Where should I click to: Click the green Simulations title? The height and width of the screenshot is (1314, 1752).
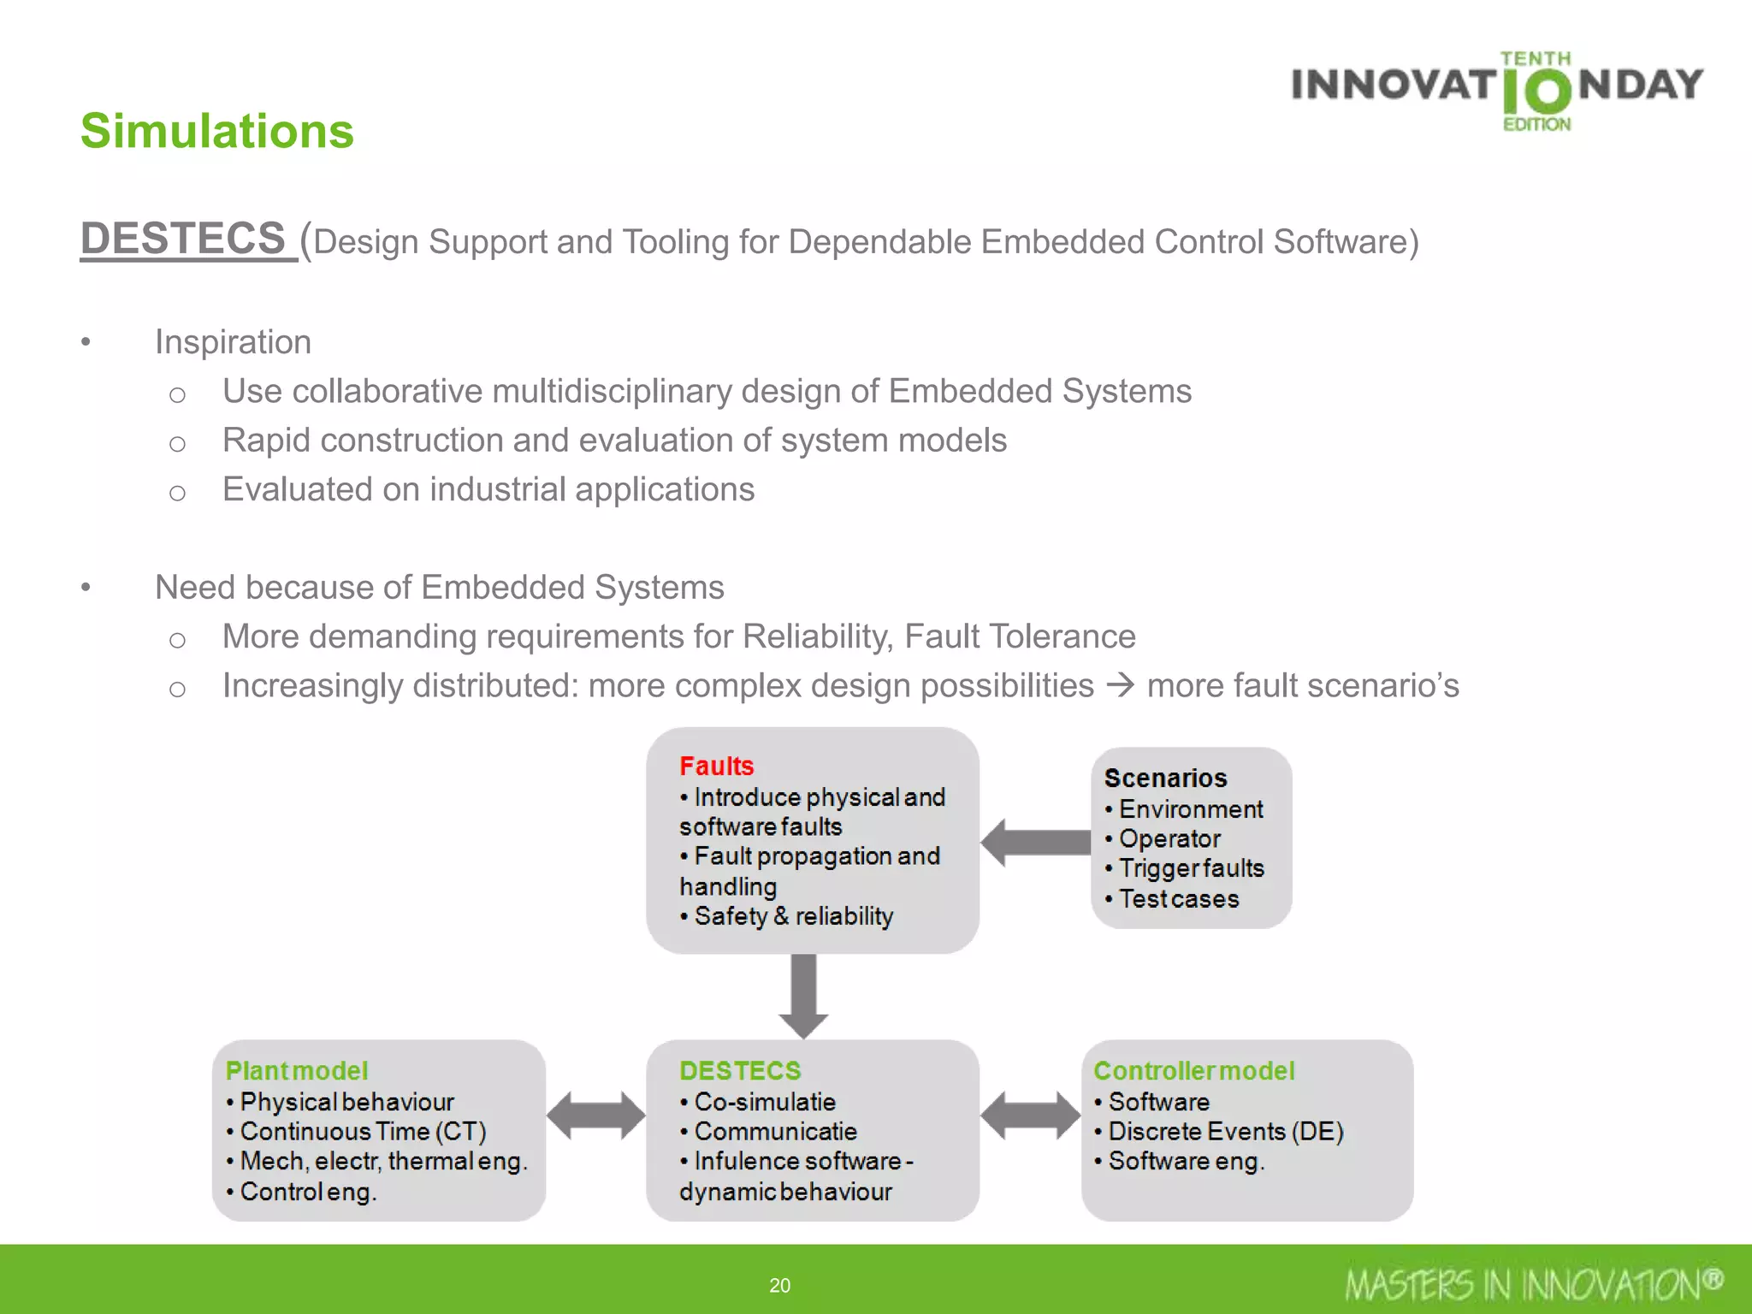[x=216, y=131]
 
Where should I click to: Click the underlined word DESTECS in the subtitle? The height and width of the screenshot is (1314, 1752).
[x=183, y=238]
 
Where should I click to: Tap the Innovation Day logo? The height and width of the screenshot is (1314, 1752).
[x=1497, y=89]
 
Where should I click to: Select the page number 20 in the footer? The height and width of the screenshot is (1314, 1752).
[x=779, y=1285]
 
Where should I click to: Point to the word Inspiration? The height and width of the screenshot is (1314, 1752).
[x=233, y=342]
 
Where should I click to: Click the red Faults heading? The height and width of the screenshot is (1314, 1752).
[x=716, y=766]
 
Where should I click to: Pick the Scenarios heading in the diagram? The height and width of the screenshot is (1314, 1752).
[x=1165, y=778]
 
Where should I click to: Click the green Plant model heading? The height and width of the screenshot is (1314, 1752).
[x=296, y=1070]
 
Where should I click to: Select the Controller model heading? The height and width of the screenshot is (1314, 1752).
[x=1194, y=1070]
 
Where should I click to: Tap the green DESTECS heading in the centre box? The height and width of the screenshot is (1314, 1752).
[x=740, y=1070]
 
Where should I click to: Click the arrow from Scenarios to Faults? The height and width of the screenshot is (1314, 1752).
[x=1035, y=843]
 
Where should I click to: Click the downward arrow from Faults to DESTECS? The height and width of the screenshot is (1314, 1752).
[x=803, y=996]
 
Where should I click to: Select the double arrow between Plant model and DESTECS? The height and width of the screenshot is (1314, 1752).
[x=595, y=1116]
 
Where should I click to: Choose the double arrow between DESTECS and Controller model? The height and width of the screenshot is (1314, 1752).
[x=1030, y=1116]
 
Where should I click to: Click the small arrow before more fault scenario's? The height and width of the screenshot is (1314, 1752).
[x=1120, y=685]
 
